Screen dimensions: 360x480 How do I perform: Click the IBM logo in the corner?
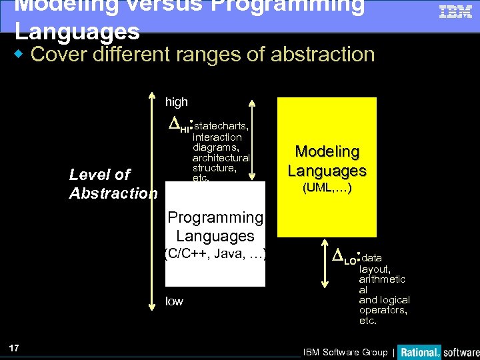[455, 11]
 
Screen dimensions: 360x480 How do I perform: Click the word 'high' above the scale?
[177, 102]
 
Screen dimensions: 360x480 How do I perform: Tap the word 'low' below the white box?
[174, 301]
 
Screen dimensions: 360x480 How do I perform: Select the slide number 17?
[14, 347]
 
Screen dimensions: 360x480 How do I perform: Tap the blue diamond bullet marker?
[21, 53]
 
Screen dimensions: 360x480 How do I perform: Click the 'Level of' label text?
[100, 175]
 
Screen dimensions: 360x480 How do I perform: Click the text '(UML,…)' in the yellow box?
[327, 188]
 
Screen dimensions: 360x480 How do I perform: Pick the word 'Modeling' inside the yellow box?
[327, 152]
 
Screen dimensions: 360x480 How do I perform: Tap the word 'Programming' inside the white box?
[215, 217]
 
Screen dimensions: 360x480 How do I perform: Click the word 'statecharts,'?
[221, 126]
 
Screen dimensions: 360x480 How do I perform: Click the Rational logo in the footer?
[419, 351]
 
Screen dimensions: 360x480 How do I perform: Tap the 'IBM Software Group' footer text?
[345, 352]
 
